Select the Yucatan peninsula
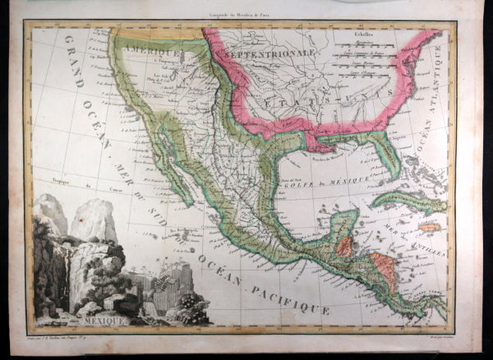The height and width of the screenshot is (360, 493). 344,219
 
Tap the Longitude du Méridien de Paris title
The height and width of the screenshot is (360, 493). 238,8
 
